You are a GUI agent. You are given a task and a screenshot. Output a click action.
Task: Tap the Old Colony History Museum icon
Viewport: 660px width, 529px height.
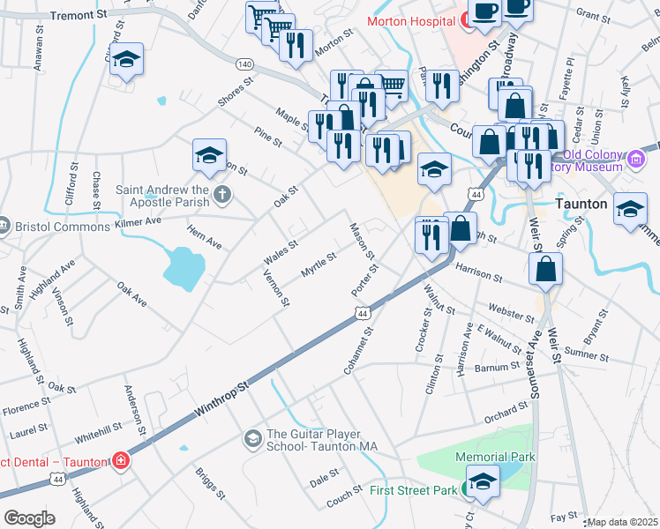[637, 160]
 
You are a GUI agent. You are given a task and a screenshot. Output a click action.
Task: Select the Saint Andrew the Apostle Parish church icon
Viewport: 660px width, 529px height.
[221, 193]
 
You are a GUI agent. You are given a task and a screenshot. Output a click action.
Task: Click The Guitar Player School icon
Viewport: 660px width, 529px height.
[253, 438]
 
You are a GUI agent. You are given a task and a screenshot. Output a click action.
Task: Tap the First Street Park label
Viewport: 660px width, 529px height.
[413, 490]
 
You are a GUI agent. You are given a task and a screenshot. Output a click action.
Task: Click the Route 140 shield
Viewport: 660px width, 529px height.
[245, 63]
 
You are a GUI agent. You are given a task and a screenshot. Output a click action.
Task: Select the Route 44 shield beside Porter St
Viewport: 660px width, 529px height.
[362, 313]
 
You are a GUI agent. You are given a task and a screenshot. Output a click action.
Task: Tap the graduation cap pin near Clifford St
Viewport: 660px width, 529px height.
[127, 59]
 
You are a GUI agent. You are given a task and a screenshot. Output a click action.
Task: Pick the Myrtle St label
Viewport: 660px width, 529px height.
[319, 264]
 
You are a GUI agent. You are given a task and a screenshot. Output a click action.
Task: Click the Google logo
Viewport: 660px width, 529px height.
[29, 518]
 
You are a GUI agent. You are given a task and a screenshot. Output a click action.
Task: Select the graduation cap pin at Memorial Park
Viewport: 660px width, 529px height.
[482, 480]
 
